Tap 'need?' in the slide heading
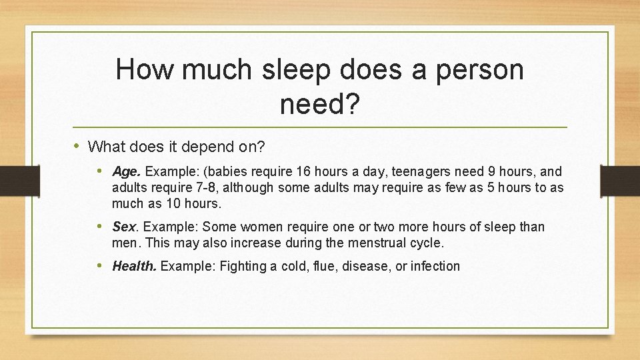(x=320, y=104)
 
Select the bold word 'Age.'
(x=127, y=171)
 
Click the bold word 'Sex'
(x=123, y=227)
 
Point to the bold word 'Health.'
(x=135, y=267)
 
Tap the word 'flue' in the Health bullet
(x=327, y=267)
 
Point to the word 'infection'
(x=435, y=267)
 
